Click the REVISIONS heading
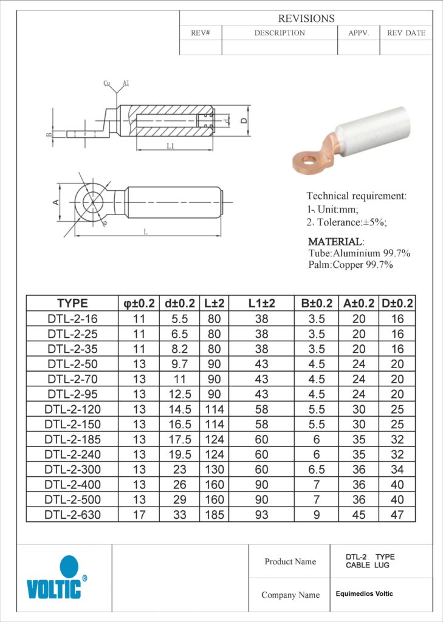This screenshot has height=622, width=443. pos(306,19)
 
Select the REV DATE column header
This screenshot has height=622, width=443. pos(406,33)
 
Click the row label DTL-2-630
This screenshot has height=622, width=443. pos(72,514)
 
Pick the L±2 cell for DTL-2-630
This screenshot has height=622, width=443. pos(213,514)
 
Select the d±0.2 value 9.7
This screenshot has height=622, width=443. pos(179,364)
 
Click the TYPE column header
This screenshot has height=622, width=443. pos(72,303)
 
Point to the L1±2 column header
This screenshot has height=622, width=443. pos(261,303)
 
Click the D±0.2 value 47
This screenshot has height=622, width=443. pos(397,514)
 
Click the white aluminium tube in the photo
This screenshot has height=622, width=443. pos(373,129)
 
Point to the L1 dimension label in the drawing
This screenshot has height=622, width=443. pos(171,147)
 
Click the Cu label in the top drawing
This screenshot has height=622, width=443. pos(107,82)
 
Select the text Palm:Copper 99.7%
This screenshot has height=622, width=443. pos(351,265)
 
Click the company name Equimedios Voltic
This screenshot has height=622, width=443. pos(364,593)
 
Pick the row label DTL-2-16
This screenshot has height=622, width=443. pos(72,318)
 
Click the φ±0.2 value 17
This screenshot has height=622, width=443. pos(139,514)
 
